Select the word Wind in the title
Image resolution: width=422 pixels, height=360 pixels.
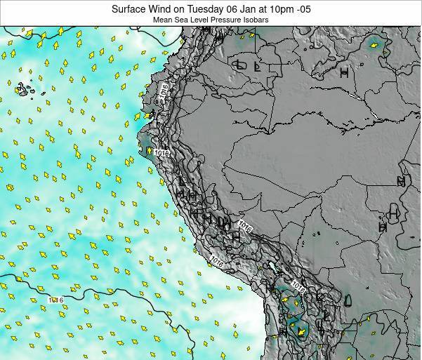pyautogui.click(x=161, y=8)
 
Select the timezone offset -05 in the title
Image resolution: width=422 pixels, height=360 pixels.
pyautogui.click(x=304, y=8)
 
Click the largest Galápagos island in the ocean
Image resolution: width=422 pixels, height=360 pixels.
pyautogui.click(x=23, y=90)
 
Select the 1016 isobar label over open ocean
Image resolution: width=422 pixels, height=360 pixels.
pyautogui.click(x=55, y=300)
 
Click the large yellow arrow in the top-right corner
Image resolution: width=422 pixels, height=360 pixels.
pyautogui.click(x=374, y=46)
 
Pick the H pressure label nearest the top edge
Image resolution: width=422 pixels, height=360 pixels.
pyautogui.click(x=344, y=72)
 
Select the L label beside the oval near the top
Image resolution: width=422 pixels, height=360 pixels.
pyautogui.click(x=257, y=67)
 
